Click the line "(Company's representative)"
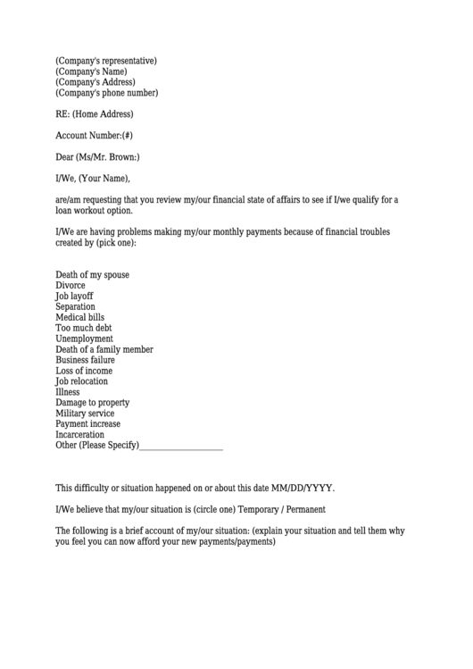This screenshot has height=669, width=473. (x=106, y=61)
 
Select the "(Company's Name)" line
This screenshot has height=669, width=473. (x=91, y=71)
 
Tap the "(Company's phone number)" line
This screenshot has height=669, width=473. (x=106, y=93)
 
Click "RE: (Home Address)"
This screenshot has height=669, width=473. (x=94, y=114)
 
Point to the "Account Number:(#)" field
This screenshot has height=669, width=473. (x=94, y=136)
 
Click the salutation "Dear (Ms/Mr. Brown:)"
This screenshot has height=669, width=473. (x=97, y=157)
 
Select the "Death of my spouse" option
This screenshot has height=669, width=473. (x=92, y=274)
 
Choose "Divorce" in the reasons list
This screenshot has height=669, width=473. (x=71, y=285)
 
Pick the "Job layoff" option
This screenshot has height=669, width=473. (x=74, y=296)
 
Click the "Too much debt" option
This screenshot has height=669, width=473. (x=84, y=328)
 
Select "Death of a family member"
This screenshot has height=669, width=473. (x=104, y=349)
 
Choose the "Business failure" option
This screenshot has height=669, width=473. (x=86, y=360)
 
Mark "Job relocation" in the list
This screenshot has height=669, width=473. (x=81, y=381)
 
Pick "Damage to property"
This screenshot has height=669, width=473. (x=93, y=403)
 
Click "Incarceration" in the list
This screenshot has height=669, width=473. (x=79, y=435)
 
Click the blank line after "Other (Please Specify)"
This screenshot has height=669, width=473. (x=181, y=447)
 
